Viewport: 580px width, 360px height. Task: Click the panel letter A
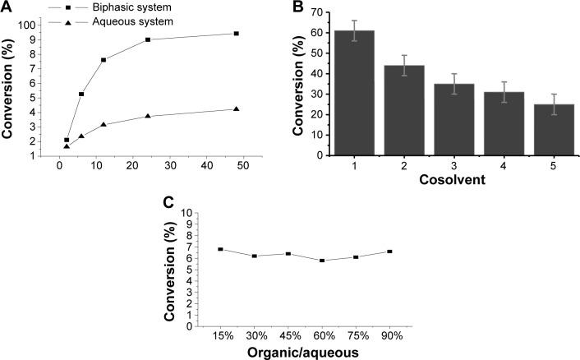click(7, 7)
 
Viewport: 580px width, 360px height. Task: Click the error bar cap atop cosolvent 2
click(403, 56)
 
